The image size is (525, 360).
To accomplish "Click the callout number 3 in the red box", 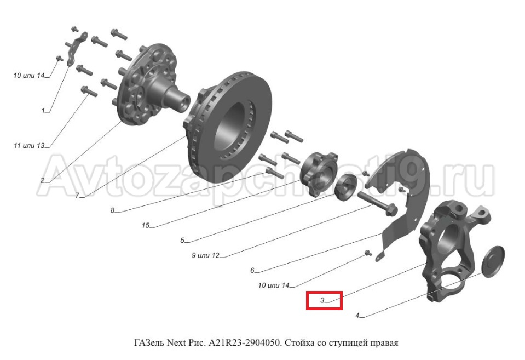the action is pyautogui.click(x=322, y=300).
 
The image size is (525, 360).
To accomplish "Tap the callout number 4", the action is pyautogui.click(x=357, y=316).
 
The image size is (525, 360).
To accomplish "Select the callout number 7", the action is pyautogui.click(x=77, y=196).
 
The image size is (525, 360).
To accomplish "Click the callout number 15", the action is pyautogui.click(x=145, y=226).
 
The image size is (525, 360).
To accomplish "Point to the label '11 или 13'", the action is pyautogui.click(x=29, y=146).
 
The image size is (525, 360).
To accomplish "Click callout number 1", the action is pyautogui.click(x=43, y=111).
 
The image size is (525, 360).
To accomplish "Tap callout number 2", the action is pyautogui.click(x=43, y=181).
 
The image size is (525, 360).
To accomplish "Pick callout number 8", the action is pyautogui.click(x=113, y=210).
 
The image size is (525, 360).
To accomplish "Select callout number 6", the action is pyautogui.click(x=252, y=271).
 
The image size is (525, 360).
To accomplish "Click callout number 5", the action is pyautogui.click(x=182, y=241).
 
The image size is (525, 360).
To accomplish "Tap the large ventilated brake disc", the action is pyautogui.click(x=228, y=127).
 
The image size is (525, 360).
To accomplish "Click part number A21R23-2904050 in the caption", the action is pyautogui.click(x=244, y=343).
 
